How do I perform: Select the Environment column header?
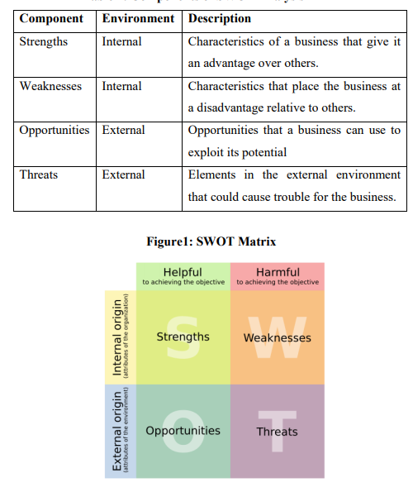[x=138, y=18]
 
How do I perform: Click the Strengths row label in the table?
[x=46, y=41]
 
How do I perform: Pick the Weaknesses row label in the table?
[x=50, y=86]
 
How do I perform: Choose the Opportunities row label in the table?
[x=55, y=130]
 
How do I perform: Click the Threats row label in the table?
[x=40, y=174]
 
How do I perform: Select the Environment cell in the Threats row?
[x=123, y=174]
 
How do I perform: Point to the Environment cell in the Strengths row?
[x=121, y=41]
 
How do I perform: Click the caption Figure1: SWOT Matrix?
[x=211, y=241]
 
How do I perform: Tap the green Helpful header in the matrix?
[x=183, y=272]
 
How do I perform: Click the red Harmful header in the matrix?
[x=278, y=272]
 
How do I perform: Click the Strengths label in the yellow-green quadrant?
[x=183, y=337]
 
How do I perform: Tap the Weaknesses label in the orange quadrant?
[x=278, y=337]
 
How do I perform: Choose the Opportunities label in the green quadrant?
[x=183, y=431]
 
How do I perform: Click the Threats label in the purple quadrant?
[x=278, y=432]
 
